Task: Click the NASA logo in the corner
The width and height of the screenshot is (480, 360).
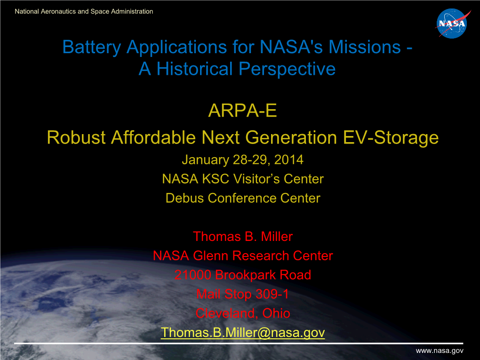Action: coord(452,24)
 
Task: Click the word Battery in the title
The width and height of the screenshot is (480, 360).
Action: coord(92,48)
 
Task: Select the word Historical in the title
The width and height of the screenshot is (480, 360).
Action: coord(195,68)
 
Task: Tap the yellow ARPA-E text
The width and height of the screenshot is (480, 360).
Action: coord(242,111)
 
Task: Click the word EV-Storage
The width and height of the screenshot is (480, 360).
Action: coord(391,137)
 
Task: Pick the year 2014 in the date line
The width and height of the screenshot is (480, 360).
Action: coord(288,160)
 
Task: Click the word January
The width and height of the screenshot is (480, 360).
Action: coord(205,160)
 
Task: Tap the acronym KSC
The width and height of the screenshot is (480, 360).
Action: coord(216,179)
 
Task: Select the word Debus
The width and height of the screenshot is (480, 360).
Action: coord(184,198)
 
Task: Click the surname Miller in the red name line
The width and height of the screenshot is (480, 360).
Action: coord(277,237)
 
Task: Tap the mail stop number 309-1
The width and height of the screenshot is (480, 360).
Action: coord(272,294)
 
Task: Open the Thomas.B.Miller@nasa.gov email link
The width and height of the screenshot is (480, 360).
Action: coord(243,333)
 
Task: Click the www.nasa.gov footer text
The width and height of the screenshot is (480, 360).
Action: coord(440,351)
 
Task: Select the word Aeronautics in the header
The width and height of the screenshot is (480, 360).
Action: coord(58,11)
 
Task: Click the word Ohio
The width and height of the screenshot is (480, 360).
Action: coord(276,313)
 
